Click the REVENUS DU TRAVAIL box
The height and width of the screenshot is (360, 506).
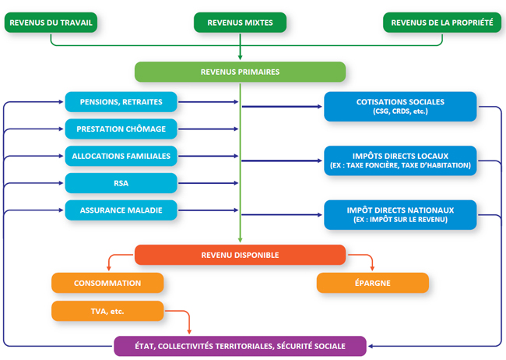51,23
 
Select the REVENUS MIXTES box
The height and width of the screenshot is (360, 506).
240,23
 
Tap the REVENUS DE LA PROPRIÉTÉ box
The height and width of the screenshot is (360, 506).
442,23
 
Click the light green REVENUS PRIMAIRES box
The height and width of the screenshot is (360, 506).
240,72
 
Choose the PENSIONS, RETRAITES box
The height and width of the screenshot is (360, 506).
121,101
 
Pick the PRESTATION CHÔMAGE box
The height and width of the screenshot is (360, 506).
121,129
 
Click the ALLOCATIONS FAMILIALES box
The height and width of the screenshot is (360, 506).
121,156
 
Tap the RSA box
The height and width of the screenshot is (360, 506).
121,183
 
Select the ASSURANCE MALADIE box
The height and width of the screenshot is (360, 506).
121,210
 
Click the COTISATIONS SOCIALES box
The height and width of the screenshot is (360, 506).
400,107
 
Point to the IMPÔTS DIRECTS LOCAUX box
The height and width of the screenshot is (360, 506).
400,161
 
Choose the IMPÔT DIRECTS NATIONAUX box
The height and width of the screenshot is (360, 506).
400,214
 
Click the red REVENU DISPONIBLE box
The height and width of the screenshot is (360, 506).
240,255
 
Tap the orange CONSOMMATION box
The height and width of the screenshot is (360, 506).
107,283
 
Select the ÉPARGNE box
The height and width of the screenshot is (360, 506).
372,283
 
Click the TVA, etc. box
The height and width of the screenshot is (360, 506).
107,311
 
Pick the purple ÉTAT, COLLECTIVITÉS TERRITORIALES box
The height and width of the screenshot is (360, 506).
240,345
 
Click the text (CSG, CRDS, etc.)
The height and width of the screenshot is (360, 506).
400,112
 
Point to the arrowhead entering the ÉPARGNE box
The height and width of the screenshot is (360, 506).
372,270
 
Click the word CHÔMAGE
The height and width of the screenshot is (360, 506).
143,129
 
